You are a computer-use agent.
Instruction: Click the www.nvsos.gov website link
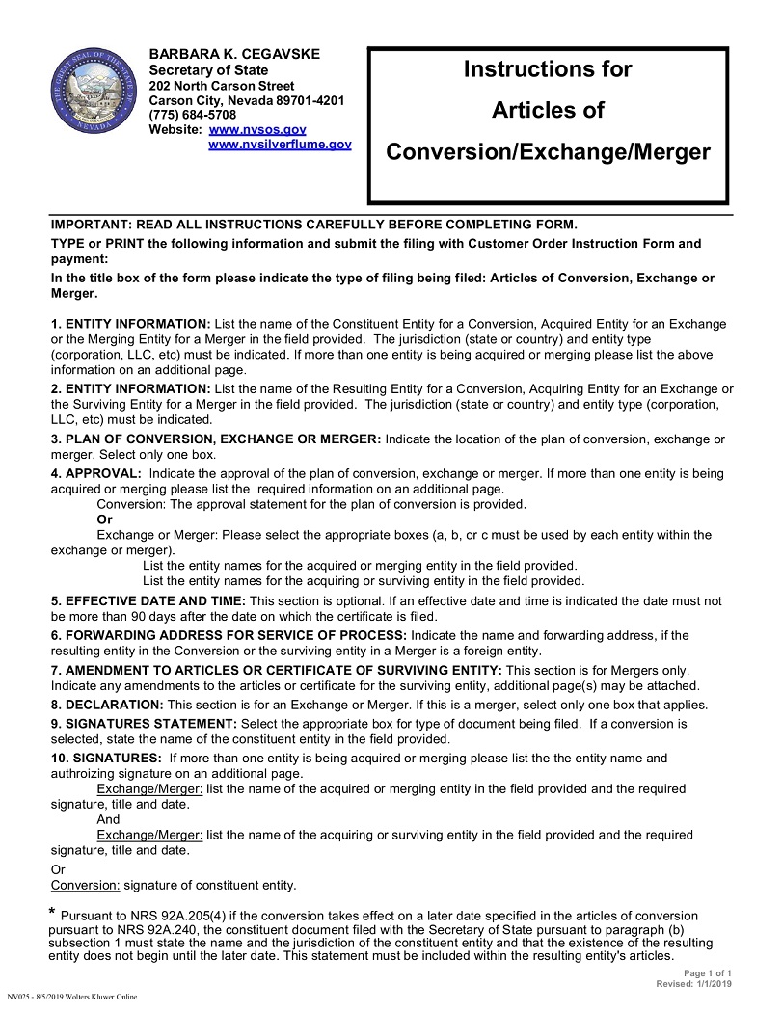coord(244,129)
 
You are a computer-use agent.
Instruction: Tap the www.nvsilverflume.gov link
coord(280,144)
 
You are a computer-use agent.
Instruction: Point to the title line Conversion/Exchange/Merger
coord(548,152)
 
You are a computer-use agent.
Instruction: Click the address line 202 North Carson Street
coord(222,85)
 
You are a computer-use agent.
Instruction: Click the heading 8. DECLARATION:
coord(107,705)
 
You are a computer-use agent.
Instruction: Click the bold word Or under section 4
coord(105,519)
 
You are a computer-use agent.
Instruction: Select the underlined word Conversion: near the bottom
coord(85,885)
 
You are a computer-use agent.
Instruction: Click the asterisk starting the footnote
coord(52,912)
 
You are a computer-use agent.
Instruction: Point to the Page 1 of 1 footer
coord(708,973)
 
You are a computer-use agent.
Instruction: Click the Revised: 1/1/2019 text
coord(693,984)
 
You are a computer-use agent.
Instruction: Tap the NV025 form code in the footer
coord(19,996)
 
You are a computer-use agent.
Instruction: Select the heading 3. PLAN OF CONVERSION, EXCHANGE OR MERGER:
coord(216,439)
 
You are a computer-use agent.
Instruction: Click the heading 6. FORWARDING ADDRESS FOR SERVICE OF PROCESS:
coord(229,636)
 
